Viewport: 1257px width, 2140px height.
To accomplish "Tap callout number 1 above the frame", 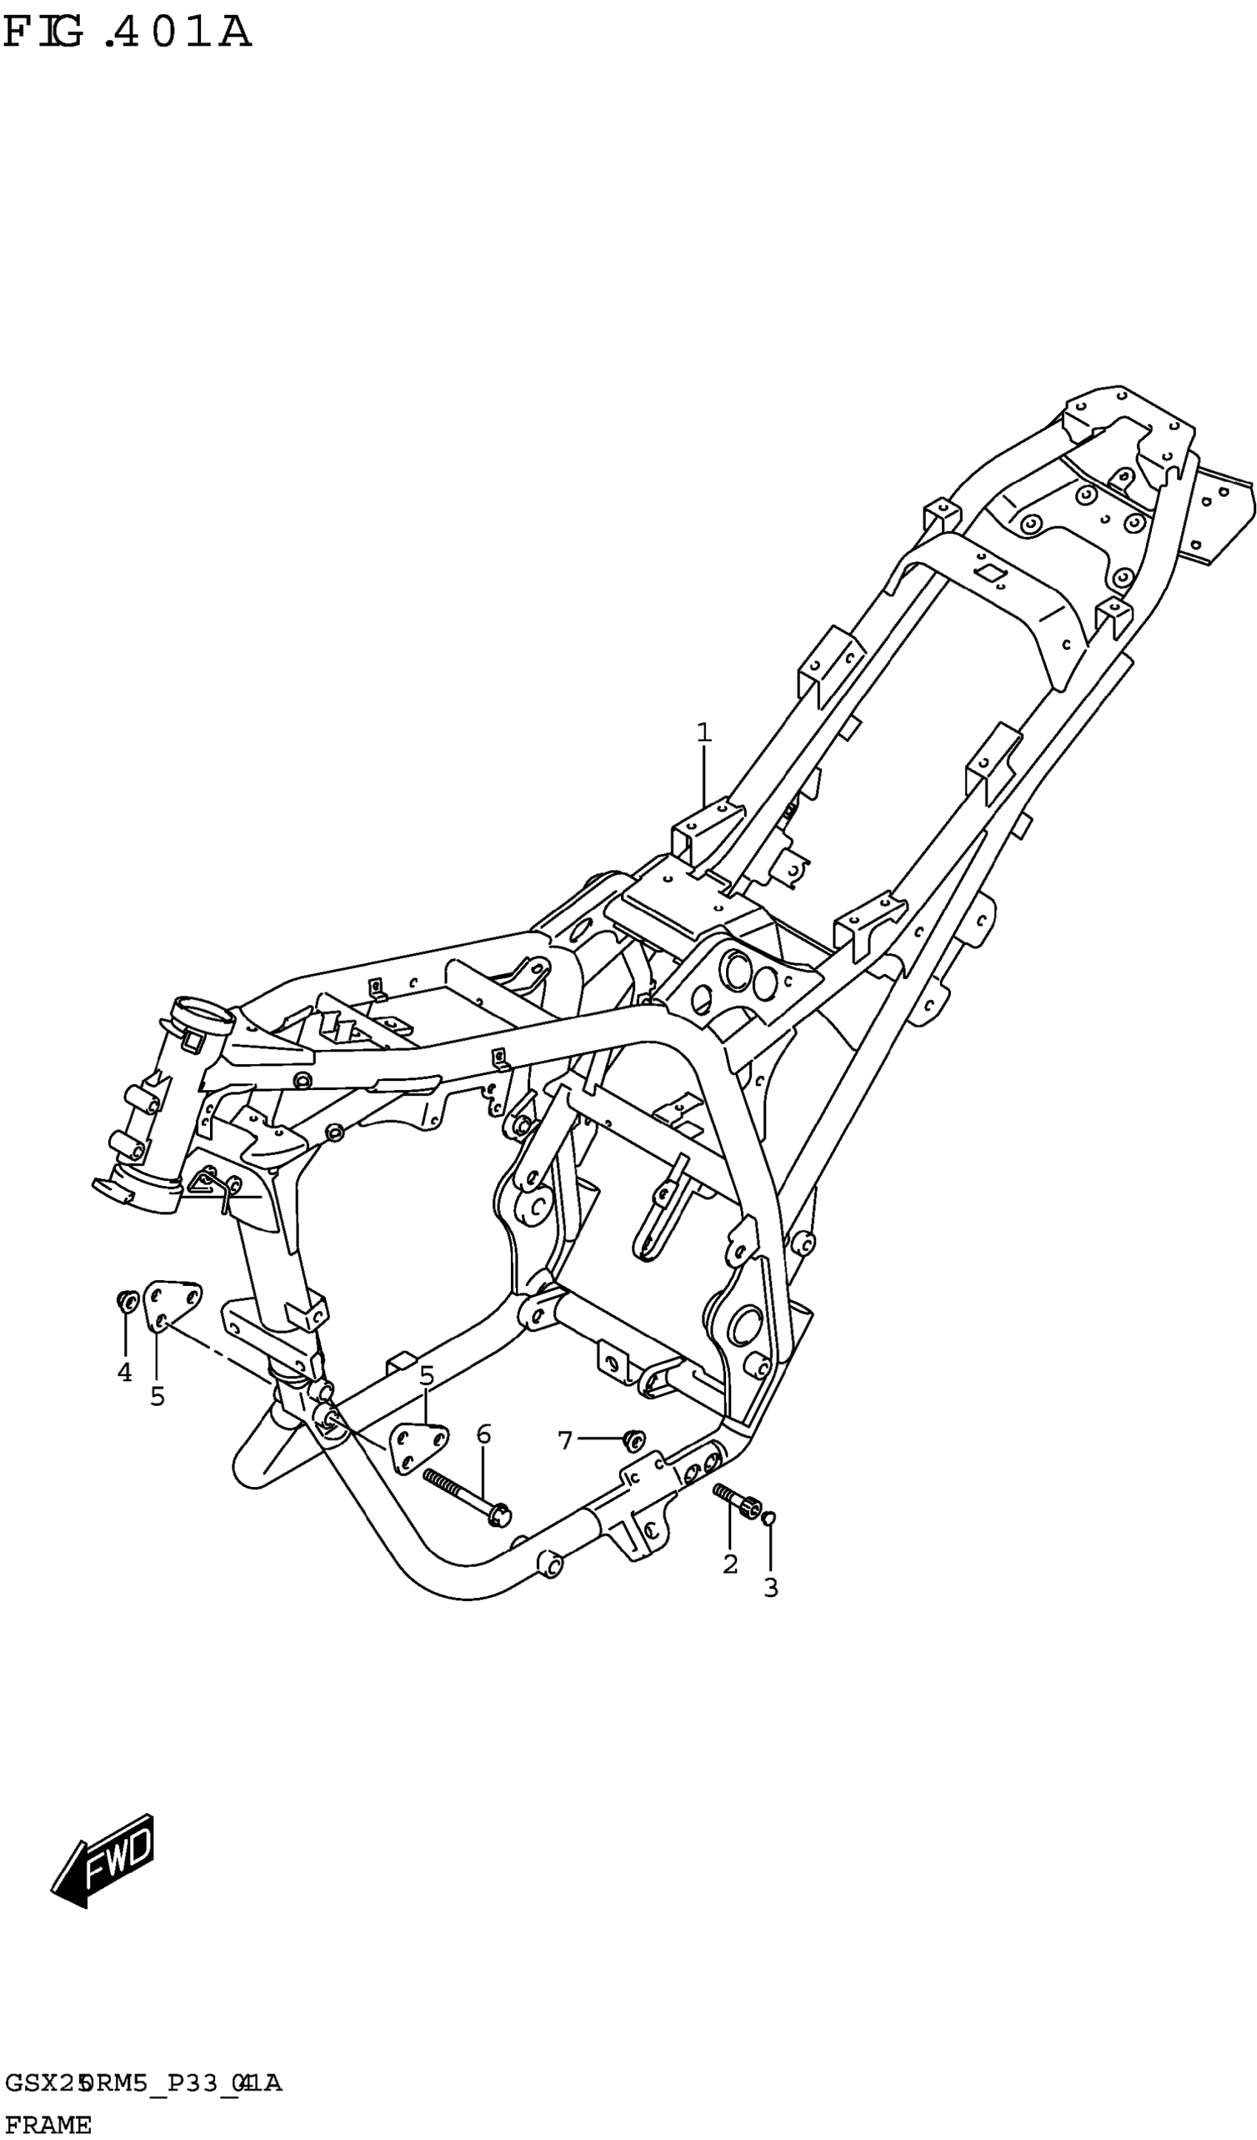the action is [703, 732].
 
